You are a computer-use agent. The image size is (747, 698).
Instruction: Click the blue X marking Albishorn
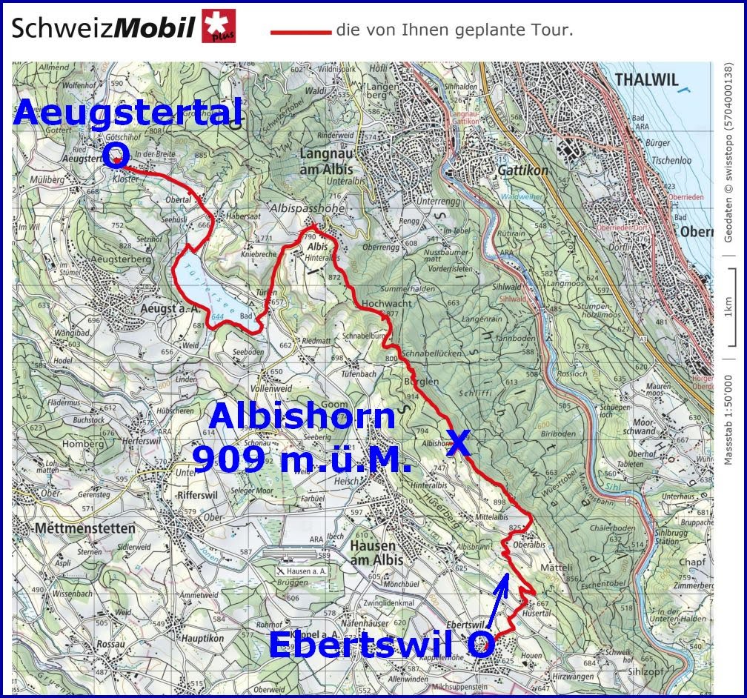click(x=458, y=443)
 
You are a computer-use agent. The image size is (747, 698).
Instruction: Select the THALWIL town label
click(x=646, y=80)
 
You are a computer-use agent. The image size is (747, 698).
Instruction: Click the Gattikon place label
click(x=523, y=170)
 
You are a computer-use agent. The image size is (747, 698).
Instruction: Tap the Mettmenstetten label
click(x=84, y=529)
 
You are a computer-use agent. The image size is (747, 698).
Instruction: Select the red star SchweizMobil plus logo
click(x=219, y=26)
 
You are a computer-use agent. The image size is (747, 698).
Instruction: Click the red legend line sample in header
click(x=300, y=32)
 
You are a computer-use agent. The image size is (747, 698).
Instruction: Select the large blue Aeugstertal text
click(x=127, y=113)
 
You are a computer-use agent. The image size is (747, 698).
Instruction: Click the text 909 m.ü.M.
click(x=302, y=459)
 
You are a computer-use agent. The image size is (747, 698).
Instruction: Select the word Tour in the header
click(x=552, y=31)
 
